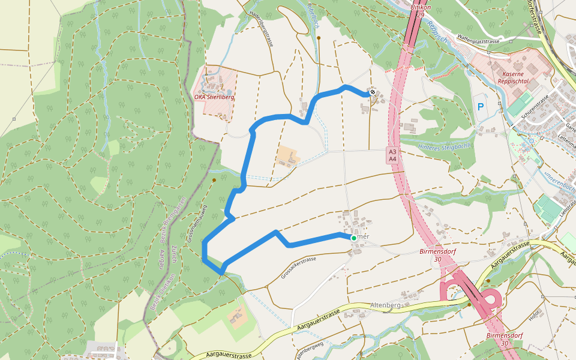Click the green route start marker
[x=353, y=238]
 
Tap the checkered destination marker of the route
[x=373, y=92]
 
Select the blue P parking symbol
[x=481, y=107]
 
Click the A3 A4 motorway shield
[x=392, y=155]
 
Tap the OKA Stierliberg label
[x=214, y=96]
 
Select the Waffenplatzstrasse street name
[x=478, y=38]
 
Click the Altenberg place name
[x=385, y=305]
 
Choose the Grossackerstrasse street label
[x=298, y=268]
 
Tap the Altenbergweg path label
[x=310, y=349]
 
